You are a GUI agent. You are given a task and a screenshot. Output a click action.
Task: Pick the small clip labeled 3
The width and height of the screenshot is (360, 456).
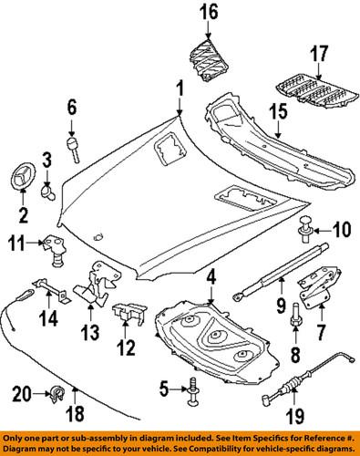click(x=50, y=192)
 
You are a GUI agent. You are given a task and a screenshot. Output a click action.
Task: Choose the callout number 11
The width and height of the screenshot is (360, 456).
click(x=17, y=243)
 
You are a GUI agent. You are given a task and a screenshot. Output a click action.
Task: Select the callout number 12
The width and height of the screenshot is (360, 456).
click(x=126, y=348)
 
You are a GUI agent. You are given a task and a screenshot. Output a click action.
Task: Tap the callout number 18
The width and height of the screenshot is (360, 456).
click(x=77, y=413)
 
